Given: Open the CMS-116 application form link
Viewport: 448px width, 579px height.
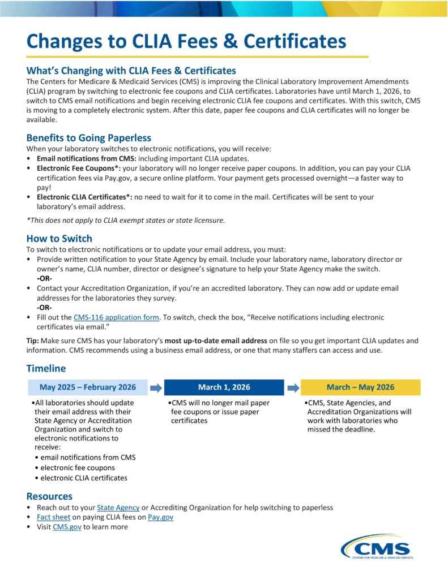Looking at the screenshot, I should point(116,318).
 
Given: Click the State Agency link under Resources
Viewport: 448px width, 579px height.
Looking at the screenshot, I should point(118,507).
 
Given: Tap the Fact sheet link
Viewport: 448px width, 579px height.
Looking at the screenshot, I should point(53,517).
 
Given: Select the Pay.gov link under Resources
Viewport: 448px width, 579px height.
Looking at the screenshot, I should point(160,517).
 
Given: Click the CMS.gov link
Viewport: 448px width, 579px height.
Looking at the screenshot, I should point(67,526).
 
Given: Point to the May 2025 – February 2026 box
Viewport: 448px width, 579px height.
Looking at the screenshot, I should point(88,387).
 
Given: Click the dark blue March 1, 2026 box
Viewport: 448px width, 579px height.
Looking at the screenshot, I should point(224,387).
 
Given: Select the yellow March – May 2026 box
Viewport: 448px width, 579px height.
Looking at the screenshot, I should point(360,387).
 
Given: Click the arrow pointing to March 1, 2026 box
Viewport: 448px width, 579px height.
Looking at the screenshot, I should point(156,387).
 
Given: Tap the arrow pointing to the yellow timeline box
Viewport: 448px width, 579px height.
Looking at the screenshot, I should point(292,387).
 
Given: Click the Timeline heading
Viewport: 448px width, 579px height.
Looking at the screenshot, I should point(46,369).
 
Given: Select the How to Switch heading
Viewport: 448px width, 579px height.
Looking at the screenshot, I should point(59,239).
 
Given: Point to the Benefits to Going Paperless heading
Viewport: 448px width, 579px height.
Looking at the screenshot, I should point(88,138).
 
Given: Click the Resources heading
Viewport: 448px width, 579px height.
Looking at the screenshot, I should point(49,496).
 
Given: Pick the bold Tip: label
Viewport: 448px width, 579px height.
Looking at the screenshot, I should point(33,341).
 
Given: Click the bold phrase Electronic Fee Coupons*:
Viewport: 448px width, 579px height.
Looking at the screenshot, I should point(78,168).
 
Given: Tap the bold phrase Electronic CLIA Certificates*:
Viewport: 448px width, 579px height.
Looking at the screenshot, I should point(84,197).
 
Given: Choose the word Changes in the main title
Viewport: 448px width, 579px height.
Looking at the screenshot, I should point(63,41).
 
